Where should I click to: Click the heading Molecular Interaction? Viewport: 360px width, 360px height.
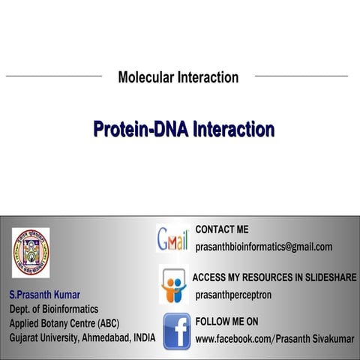click(178, 77)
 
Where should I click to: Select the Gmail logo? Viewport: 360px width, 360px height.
click(172, 238)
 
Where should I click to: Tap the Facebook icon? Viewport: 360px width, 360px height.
click(176, 331)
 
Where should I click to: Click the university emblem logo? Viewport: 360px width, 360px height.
click(31, 252)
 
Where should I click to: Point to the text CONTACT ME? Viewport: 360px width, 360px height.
click(221, 229)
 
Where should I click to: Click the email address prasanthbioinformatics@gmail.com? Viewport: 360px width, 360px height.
click(263, 247)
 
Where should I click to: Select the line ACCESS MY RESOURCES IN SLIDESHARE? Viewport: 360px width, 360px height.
click(274, 277)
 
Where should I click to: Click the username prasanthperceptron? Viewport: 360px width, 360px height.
click(233, 295)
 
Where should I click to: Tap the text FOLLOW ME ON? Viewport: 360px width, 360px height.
click(226, 322)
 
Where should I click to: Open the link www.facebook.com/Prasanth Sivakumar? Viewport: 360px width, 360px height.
click(274, 339)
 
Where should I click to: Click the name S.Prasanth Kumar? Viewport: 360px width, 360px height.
click(44, 293)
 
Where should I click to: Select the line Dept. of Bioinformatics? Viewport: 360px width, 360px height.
click(53, 308)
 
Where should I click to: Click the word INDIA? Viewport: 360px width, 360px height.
click(142, 337)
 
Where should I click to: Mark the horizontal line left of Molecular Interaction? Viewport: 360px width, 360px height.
click(53, 76)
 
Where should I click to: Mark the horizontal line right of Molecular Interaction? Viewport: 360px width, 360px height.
click(301, 76)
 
